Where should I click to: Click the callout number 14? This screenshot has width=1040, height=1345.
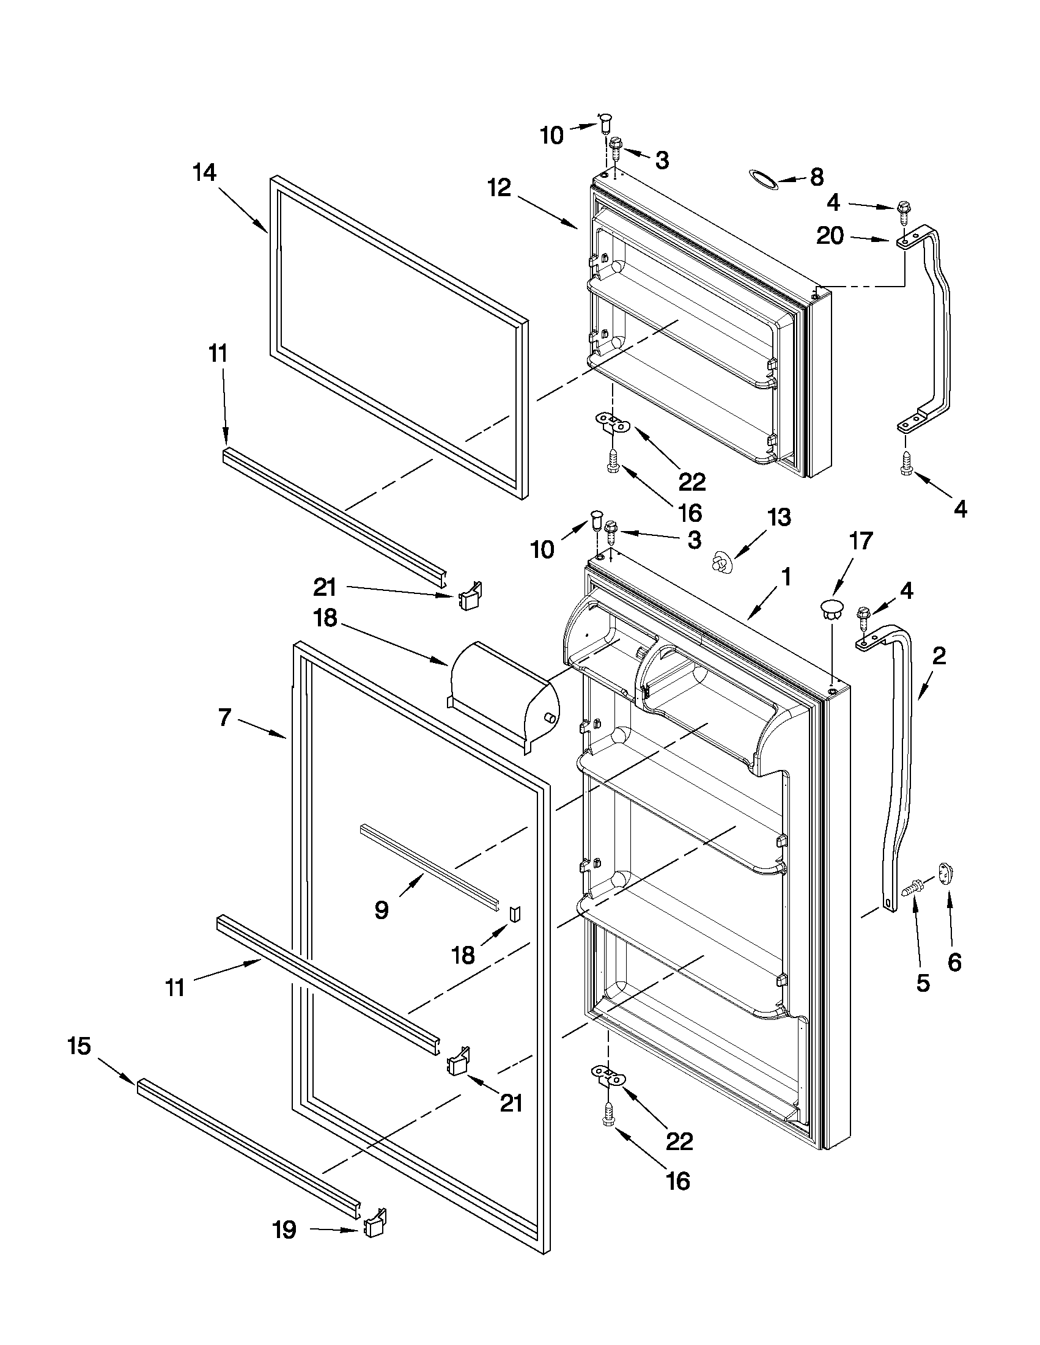205,172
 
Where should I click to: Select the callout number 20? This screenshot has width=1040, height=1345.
830,236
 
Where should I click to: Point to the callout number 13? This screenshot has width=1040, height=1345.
779,518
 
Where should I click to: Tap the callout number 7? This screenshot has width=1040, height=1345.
224,717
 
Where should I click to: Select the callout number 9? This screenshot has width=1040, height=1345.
382,909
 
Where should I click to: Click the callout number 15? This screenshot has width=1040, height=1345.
79,1046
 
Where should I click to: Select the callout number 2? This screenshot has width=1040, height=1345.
939,657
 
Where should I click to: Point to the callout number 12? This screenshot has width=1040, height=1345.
500,188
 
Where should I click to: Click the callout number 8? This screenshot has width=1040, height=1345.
816,178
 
